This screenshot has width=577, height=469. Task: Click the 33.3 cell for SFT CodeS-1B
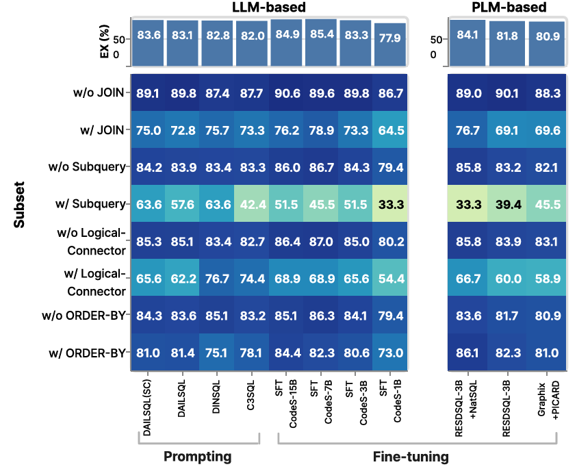coord(389,203)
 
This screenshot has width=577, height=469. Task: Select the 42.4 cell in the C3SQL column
coord(251,203)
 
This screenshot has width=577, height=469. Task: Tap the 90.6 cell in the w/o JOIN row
coord(286,94)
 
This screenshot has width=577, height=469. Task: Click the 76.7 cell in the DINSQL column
coord(217,277)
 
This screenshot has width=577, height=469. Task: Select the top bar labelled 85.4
coord(321,38)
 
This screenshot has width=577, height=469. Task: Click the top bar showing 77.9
coord(389,38)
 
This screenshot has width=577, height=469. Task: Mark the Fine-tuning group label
coord(411,456)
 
